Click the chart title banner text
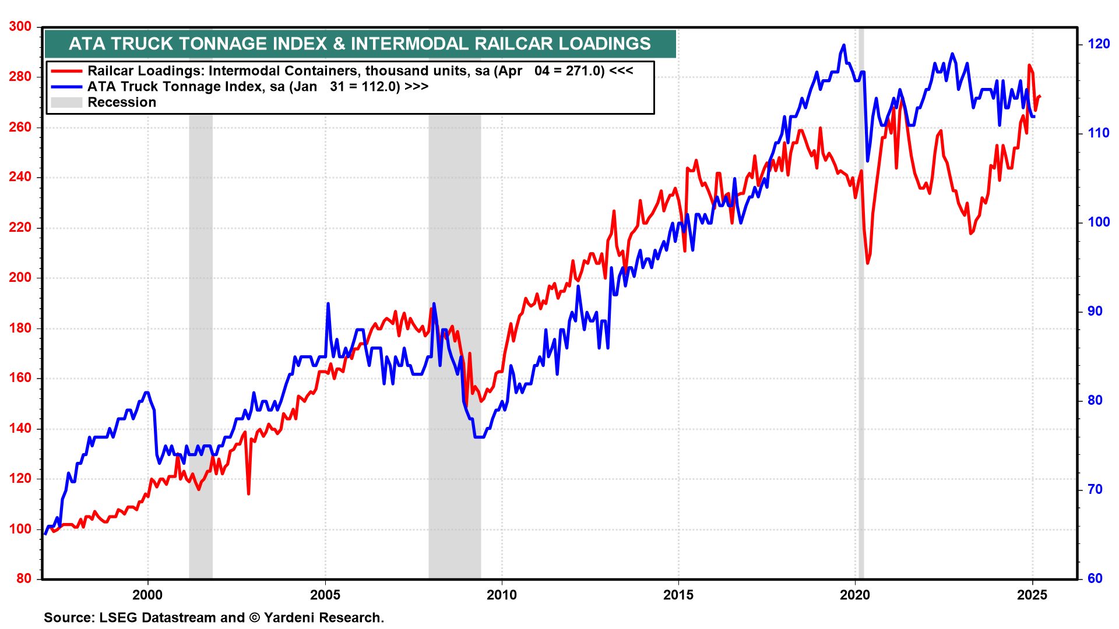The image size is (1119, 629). [360, 44]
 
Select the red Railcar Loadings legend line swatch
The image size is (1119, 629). [66, 71]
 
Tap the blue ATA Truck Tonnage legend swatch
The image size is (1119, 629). [66, 87]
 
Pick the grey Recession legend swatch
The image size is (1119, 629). [66, 103]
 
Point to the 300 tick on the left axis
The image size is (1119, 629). [20, 27]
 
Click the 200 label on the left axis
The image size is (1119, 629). [20, 278]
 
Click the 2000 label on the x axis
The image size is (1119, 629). [147, 595]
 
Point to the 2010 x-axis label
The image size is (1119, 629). [501, 595]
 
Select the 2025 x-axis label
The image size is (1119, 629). [1032, 595]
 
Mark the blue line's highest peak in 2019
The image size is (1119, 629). [843, 45]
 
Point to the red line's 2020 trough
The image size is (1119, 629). [868, 263]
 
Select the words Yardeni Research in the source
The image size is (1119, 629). [323, 617]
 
